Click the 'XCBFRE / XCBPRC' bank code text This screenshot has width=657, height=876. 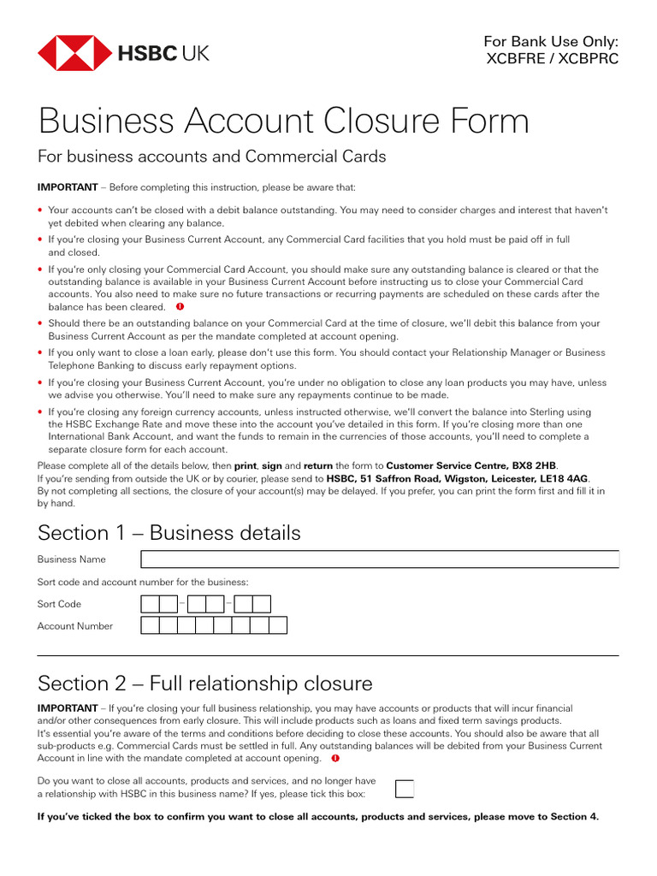tap(551, 59)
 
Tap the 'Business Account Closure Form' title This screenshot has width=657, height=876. tap(283, 121)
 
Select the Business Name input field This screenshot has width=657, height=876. tap(379, 559)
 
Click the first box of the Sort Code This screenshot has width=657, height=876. tap(150, 604)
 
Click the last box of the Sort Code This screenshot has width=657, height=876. tap(262, 604)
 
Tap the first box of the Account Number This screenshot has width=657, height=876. tap(150, 625)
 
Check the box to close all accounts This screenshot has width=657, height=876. tap(405, 788)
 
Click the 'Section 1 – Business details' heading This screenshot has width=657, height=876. tap(169, 533)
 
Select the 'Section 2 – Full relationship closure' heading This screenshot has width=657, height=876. tap(205, 684)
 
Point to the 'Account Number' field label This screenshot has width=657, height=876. tap(75, 626)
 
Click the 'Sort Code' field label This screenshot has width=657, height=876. tap(59, 604)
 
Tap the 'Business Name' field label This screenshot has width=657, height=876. tap(72, 559)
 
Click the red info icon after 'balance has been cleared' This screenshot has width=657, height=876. tap(180, 306)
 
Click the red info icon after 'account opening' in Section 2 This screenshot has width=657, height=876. tap(335, 758)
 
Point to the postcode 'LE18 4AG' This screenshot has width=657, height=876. tap(565, 478)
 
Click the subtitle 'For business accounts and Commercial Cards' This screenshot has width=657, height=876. tap(212, 157)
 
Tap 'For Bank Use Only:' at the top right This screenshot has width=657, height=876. tap(551, 41)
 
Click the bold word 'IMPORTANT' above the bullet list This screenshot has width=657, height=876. tap(67, 187)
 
